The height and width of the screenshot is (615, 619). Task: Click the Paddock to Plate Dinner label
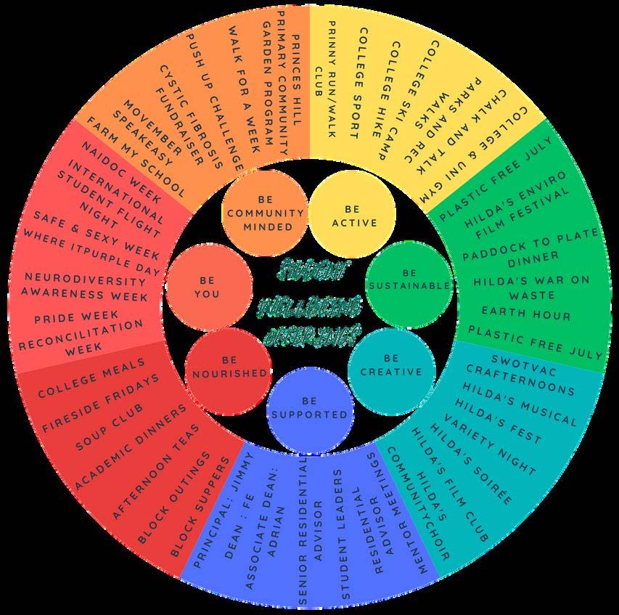pos(532,245)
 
